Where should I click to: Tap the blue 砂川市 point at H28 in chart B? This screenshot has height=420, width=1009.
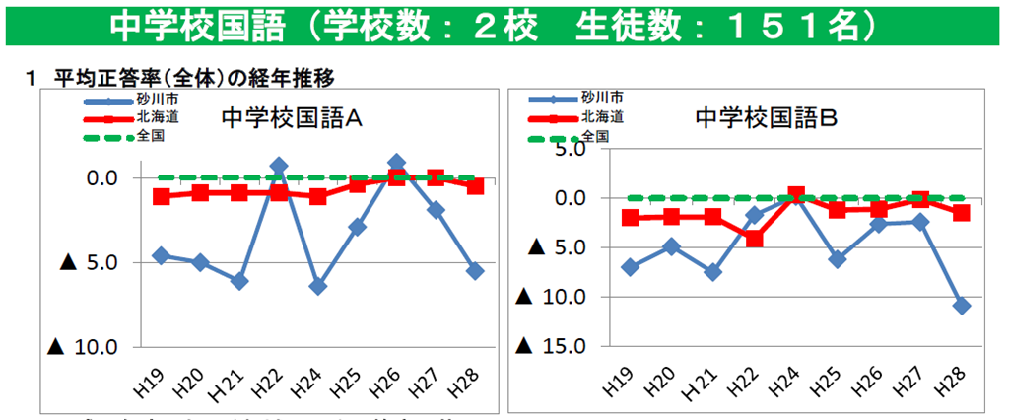(962, 306)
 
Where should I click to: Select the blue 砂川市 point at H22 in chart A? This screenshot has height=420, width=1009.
(279, 166)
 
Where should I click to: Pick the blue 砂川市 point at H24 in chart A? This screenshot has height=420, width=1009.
(317, 286)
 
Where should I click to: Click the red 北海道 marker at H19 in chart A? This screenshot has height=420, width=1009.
(162, 196)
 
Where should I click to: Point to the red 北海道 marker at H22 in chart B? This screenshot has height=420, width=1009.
(754, 238)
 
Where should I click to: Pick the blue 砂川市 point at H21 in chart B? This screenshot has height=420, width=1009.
(712, 271)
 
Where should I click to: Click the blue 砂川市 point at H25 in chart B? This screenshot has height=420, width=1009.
(837, 259)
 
